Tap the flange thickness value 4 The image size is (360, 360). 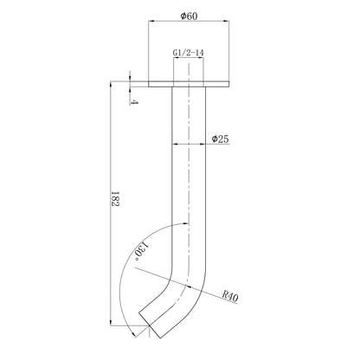click(134, 102)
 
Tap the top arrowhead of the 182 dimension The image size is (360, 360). click(111, 86)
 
